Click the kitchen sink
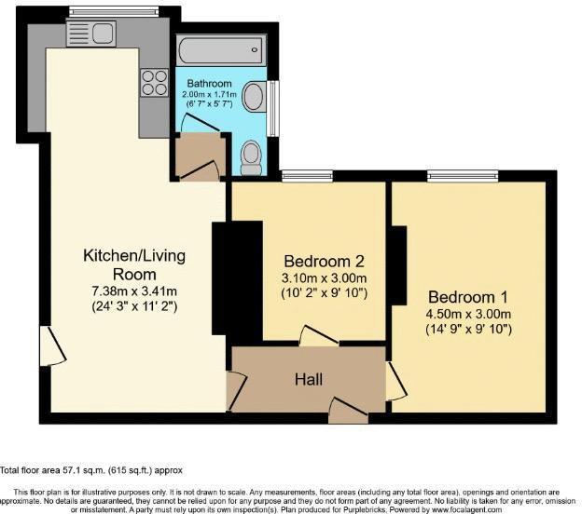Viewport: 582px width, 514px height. (90, 34)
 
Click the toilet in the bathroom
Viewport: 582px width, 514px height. (251, 157)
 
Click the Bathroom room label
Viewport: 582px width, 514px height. (208, 84)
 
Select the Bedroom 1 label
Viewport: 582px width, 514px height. (468, 298)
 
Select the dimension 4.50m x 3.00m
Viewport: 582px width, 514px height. (468, 314)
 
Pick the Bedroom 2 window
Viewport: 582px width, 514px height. (307, 175)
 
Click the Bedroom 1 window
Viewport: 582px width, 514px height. (463, 175)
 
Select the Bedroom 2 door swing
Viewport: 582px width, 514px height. (315, 337)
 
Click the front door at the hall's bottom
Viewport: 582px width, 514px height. (347, 408)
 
